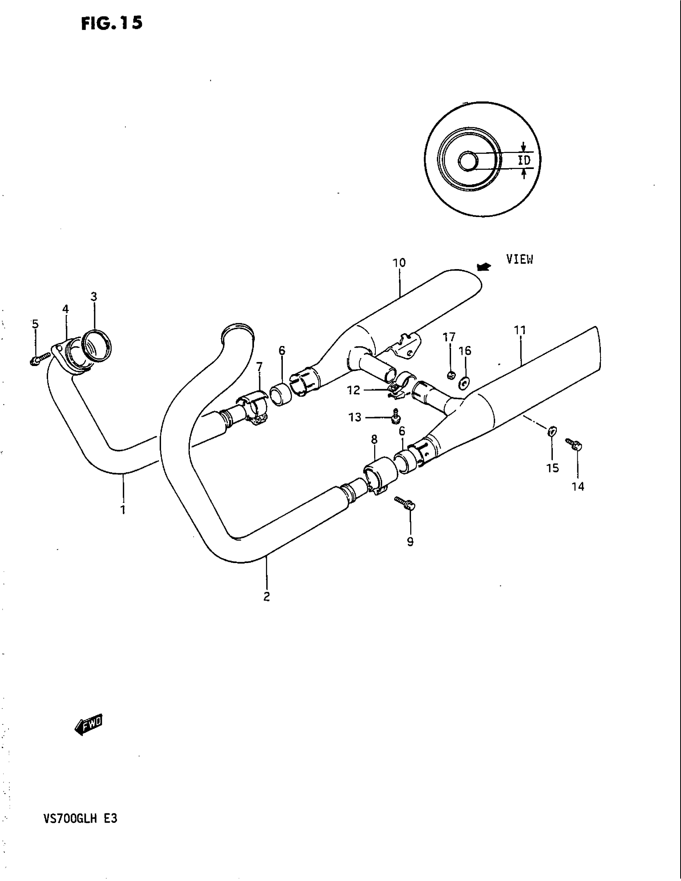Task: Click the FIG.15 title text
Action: pyautogui.click(x=112, y=23)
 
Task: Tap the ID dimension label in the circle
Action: pyautogui.click(x=524, y=161)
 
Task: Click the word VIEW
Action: pyautogui.click(x=520, y=260)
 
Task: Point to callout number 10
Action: pyautogui.click(x=399, y=263)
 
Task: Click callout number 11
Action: pyautogui.click(x=520, y=330)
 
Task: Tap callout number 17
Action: pyautogui.click(x=449, y=337)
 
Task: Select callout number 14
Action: pyautogui.click(x=578, y=487)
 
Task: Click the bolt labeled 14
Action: pyautogui.click(x=574, y=445)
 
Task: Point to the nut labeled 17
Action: pyautogui.click(x=451, y=376)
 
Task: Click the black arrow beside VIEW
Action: pyautogui.click(x=484, y=267)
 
